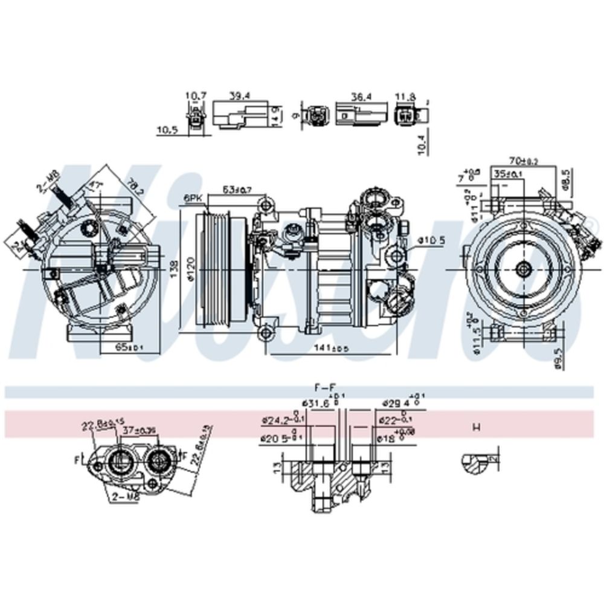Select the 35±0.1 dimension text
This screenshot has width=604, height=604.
(x=508, y=174)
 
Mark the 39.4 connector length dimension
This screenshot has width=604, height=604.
(x=240, y=95)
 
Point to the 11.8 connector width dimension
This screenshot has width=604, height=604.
(x=405, y=95)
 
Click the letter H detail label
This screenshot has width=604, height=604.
(x=476, y=428)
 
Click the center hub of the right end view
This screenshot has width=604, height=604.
(x=523, y=270)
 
